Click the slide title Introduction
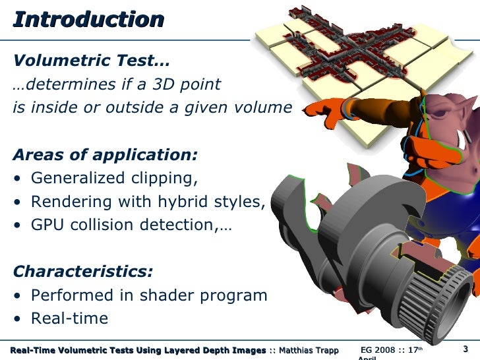88,20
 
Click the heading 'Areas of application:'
105,155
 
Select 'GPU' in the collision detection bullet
48,225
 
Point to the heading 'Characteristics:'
83,272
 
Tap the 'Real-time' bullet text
69,318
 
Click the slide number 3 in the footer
465,349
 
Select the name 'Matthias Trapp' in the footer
309,349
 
